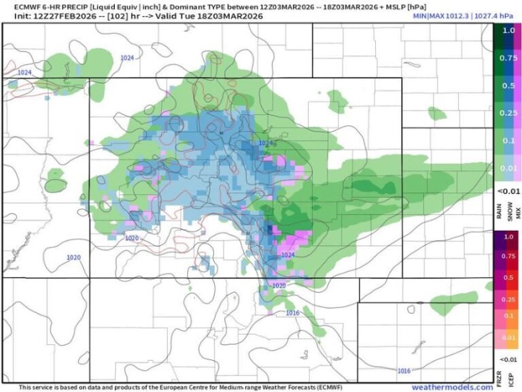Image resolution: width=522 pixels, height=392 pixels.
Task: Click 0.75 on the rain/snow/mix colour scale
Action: (x=508, y=58)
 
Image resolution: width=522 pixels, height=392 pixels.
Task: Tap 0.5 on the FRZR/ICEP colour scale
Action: (x=508, y=278)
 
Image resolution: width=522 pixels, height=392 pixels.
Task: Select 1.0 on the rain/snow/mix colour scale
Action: (x=508, y=31)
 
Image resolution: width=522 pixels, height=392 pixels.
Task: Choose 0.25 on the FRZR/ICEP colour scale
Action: (x=508, y=299)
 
